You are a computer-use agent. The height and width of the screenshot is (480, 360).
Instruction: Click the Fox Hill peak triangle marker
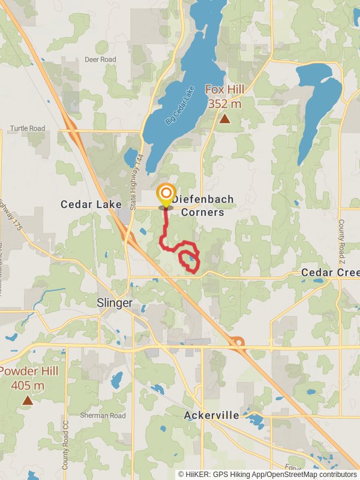(224, 119)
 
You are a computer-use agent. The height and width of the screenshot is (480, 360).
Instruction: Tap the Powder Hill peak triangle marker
(28, 400)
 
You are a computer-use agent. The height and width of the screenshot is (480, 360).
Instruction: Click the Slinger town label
(115, 303)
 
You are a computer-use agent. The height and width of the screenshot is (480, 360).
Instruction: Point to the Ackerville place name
(212, 415)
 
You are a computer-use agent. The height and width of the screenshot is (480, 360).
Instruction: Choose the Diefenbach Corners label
(203, 205)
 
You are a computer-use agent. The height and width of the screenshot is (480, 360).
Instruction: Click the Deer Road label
(100, 59)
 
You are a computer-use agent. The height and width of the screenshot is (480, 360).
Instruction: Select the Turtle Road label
(27, 128)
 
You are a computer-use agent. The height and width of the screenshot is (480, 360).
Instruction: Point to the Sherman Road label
(103, 415)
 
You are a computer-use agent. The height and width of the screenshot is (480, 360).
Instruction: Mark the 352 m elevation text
(224, 104)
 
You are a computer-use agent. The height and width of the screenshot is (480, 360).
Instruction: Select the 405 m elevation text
(28, 385)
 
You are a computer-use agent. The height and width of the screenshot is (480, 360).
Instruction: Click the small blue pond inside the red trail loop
(191, 259)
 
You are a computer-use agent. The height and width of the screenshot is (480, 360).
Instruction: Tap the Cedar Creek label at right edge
(329, 272)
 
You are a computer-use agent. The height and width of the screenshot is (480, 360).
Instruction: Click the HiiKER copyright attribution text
(267, 474)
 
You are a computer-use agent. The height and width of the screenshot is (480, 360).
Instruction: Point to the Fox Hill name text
(224, 89)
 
